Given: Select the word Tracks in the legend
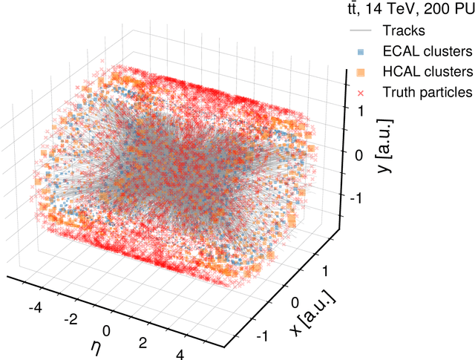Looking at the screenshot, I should tap(403, 31).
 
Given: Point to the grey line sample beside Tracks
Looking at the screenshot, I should tap(360, 31).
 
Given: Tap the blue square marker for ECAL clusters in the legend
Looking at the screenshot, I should tap(360, 52).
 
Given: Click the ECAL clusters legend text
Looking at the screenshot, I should tap(427, 52).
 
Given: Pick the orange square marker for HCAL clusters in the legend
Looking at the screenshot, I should tap(360, 72).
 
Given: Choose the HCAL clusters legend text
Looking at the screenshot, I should tap(427, 72).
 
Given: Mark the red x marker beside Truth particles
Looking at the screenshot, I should tap(360, 93).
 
